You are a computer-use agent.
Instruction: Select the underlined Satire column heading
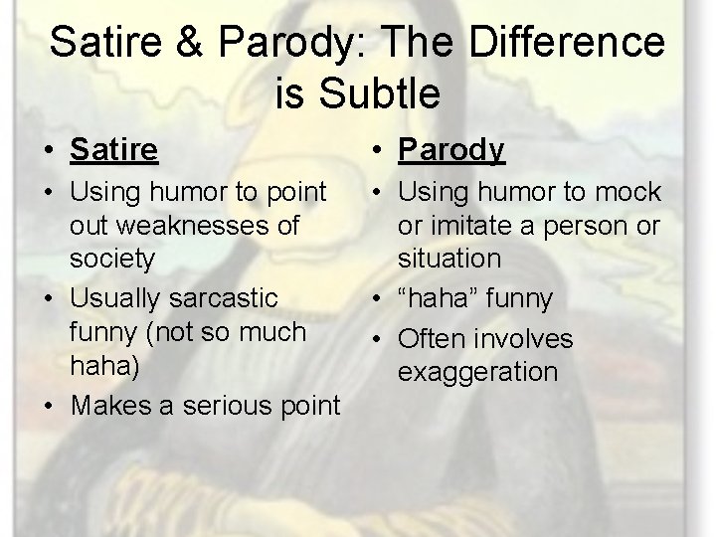point(114,150)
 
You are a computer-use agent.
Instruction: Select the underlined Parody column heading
point(451,150)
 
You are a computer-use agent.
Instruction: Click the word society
point(112,259)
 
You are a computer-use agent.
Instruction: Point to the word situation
point(449,259)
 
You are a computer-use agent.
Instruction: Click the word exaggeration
point(477,372)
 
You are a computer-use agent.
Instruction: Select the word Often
point(435,339)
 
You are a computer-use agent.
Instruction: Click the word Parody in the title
point(303,43)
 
